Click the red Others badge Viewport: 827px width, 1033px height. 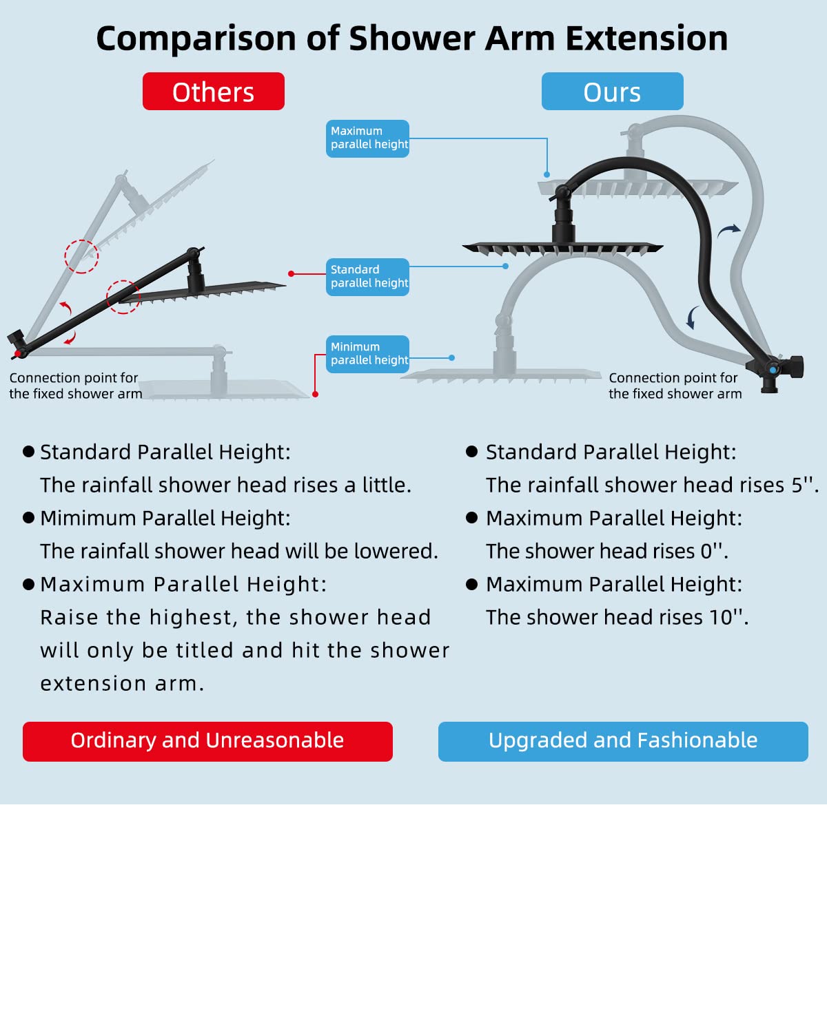213,92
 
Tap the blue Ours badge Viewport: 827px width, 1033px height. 612,92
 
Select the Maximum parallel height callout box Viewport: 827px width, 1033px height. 367,138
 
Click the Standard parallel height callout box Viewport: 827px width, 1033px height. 367,277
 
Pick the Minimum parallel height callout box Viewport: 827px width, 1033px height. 367,354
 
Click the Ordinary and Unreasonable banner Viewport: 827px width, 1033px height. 207,741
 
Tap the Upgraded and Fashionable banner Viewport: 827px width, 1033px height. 623,741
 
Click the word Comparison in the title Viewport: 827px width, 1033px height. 197,39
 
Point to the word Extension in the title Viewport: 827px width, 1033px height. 646,39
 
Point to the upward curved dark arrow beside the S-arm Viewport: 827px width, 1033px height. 728,231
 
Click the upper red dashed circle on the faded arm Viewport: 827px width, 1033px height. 81,256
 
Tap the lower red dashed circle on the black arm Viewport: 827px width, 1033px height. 123,297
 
